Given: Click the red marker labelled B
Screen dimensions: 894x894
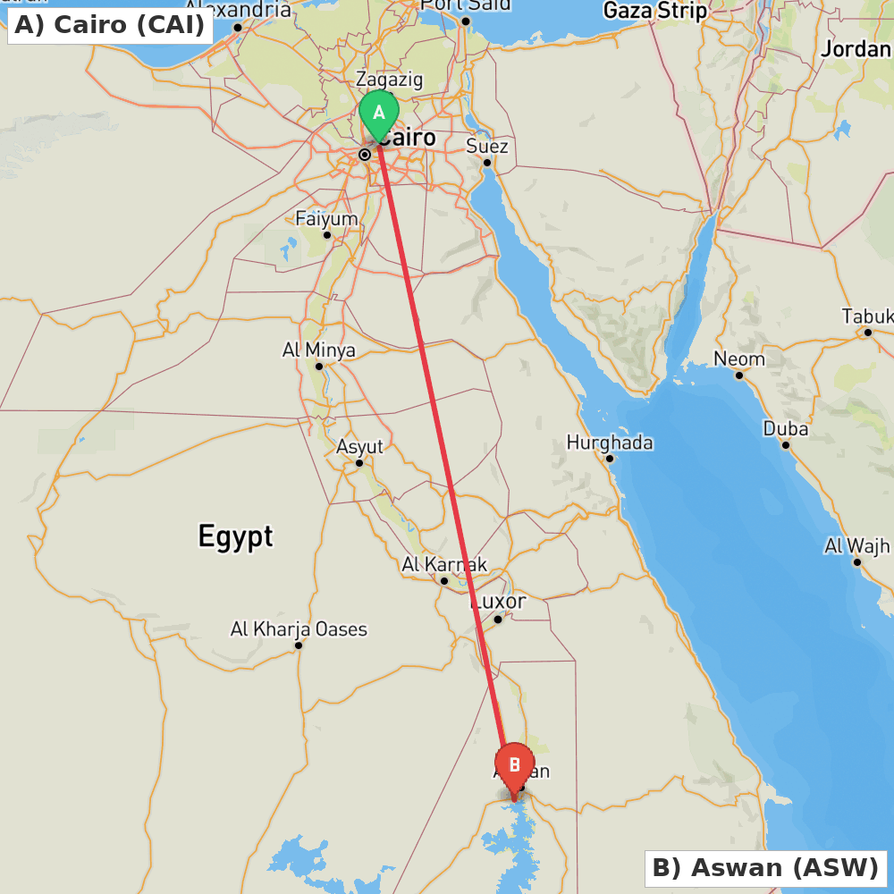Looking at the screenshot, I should tap(514, 766).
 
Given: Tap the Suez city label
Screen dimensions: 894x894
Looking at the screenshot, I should tap(487, 147).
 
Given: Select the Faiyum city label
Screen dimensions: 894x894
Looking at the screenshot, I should tap(326, 219).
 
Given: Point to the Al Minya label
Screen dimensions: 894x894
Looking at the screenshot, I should tap(319, 350).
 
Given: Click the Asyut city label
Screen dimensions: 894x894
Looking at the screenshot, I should tap(359, 447).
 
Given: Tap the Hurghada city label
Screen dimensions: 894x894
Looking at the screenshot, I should tap(610, 443).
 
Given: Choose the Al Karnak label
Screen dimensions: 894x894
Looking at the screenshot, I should tap(444, 565).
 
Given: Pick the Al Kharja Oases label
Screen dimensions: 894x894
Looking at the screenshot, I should tap(299, 629).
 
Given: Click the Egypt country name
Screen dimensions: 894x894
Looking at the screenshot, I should tap(235, 536).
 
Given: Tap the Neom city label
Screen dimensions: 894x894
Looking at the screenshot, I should tap(739, 359).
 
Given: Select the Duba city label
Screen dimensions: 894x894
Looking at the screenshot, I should tap(786, 429).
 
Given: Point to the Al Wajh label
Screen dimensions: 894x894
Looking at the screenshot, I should tap(857, 545).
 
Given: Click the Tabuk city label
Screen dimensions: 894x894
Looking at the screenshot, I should tap(867, 316).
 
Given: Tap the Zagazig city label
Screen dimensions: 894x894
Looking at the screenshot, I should tap(389, 80).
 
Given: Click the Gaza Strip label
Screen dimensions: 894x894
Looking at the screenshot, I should tap(655, 11).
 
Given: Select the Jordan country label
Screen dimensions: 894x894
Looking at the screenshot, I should tap(856, 49).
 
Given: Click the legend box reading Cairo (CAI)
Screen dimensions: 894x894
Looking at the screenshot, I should tap(109, 25).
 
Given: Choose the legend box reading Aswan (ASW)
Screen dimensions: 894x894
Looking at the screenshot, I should tap(765, 867).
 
